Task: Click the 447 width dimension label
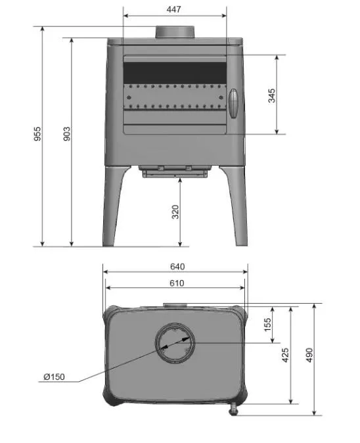click(173, 9)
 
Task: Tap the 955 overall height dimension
click(37, 134)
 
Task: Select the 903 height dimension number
click(66, 134)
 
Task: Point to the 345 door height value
click(271, 95)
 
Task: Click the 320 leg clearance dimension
click(175, 212)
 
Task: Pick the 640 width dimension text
click(177, 266)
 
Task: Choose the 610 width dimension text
click(177, 283)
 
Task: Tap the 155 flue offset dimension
click(267, 325)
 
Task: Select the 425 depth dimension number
click(285, 355)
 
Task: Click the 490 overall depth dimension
click(309, 355)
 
